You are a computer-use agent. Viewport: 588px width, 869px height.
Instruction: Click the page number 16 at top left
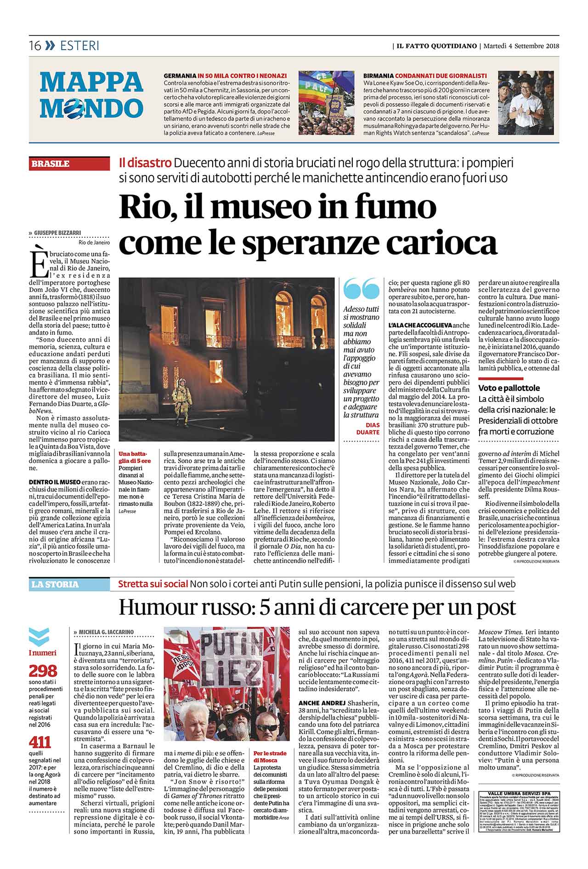click(x=35, y=46)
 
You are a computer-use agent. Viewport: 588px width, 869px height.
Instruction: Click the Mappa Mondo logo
click(x=91, y=95)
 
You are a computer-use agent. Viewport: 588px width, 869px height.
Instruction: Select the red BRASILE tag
click(x=51, y=164)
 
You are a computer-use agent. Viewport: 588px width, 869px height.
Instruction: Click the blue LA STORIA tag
click(x=55, y=584)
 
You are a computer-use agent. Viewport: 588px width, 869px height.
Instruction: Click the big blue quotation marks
click(x=362, y=289)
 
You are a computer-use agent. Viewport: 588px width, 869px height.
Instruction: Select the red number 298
click(x=43, y=671)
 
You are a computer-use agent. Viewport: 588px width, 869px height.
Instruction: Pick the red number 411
click(x=40, y=742)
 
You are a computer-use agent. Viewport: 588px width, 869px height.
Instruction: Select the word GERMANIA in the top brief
click(x=180, y=75)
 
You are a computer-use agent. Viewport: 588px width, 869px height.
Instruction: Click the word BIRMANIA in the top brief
click(x=378, y=75)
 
